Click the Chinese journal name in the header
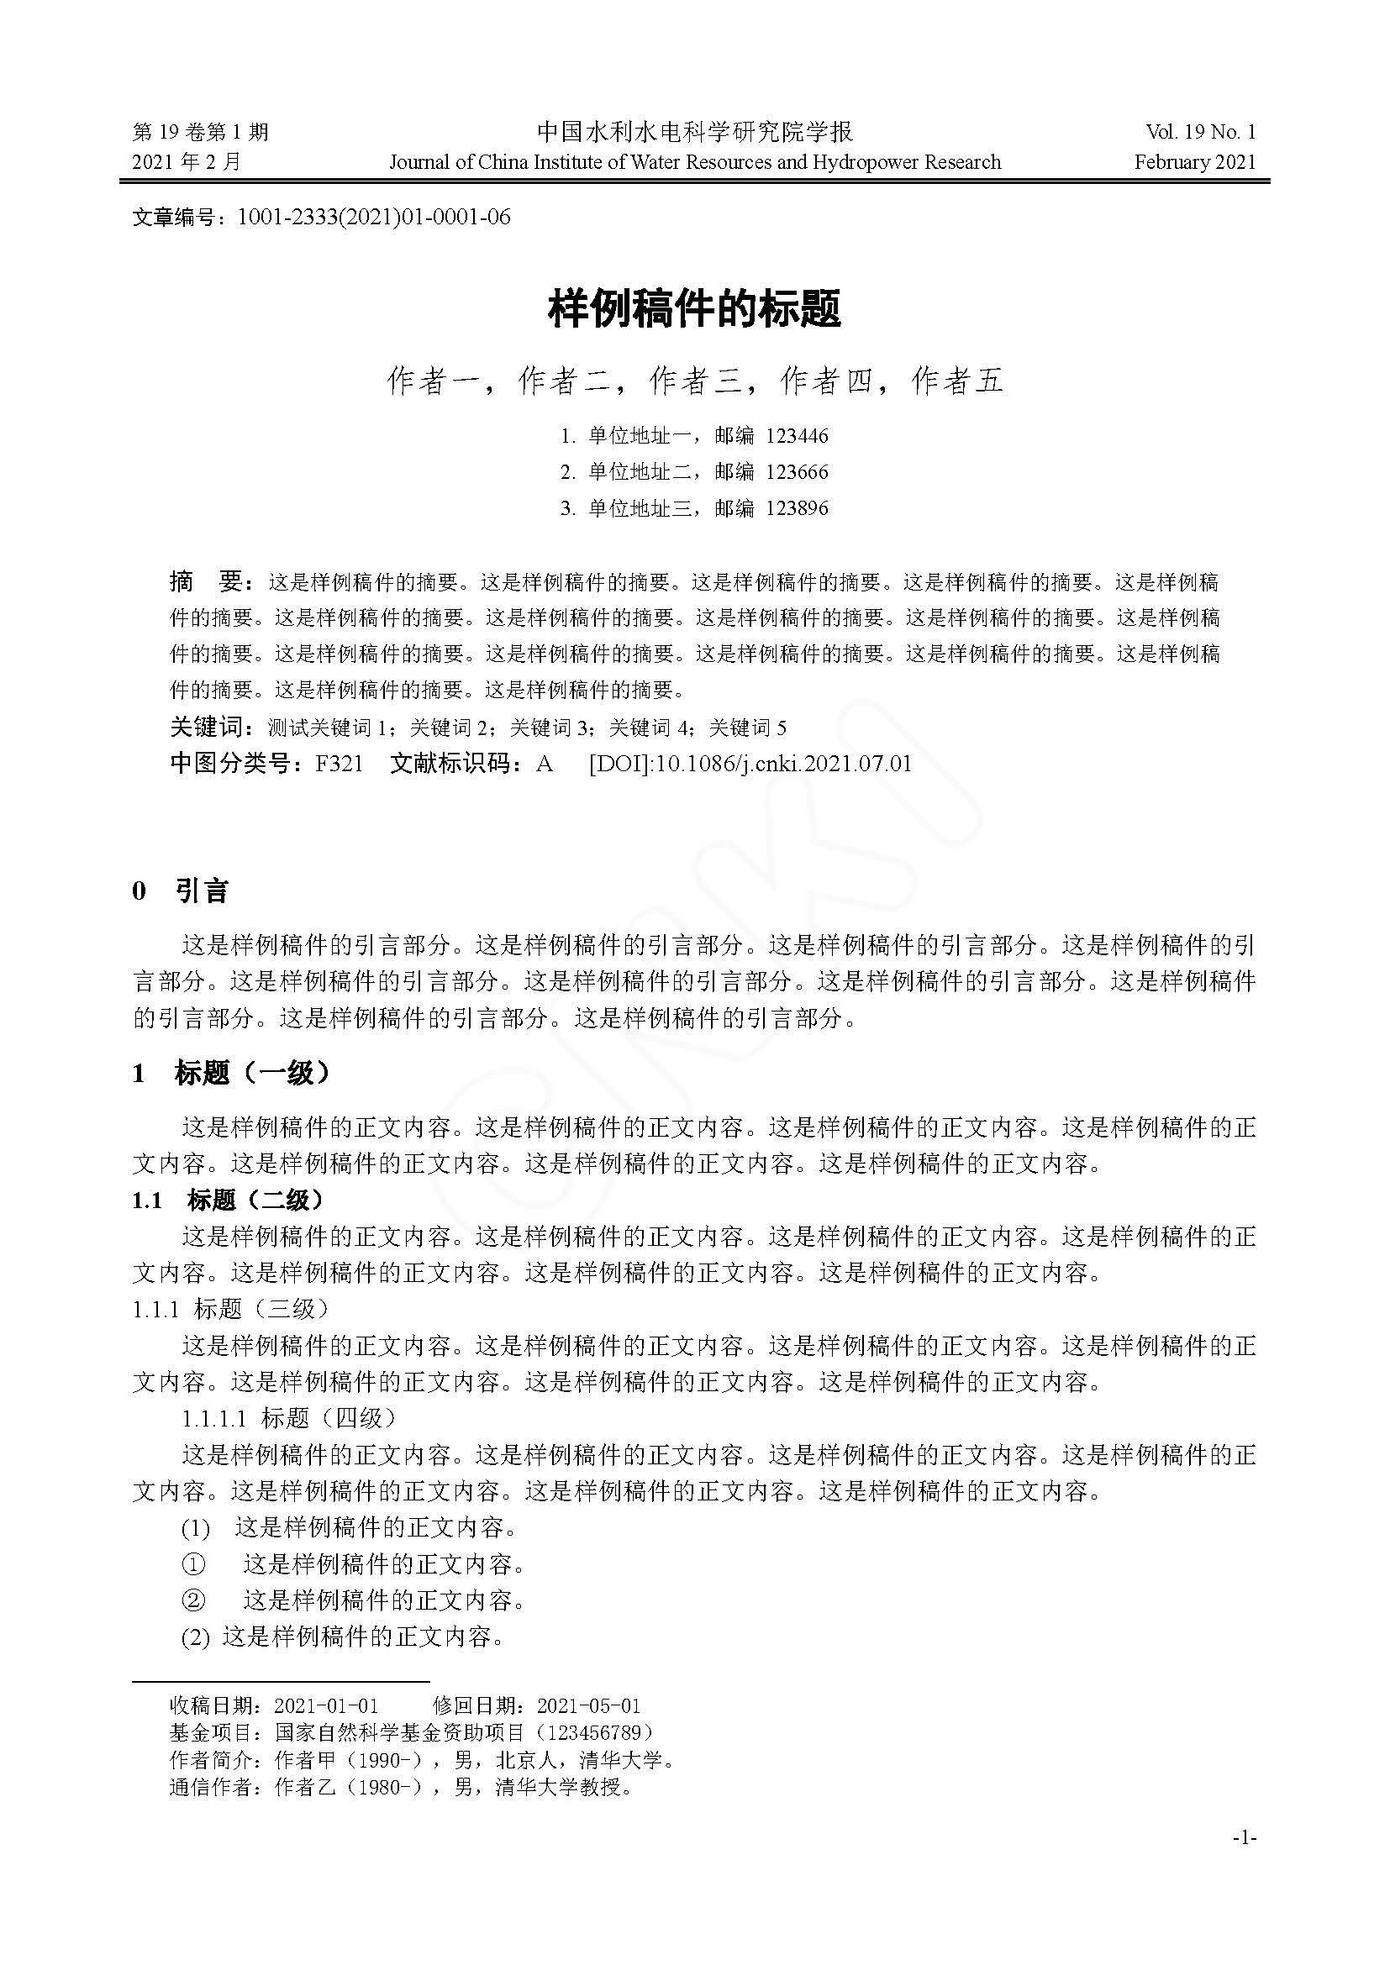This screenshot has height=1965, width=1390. pos(694,132)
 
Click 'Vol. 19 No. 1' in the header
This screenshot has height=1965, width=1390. pos(1201,132)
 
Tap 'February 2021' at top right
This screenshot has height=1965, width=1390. pos(1195,162)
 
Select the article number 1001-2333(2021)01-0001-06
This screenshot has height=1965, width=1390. pos(373,218)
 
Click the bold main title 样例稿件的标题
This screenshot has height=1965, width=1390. pos(694,309)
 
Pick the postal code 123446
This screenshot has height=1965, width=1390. pos(797,437)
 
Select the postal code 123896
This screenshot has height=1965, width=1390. pos(797,508)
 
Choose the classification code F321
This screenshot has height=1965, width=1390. pos(339,764)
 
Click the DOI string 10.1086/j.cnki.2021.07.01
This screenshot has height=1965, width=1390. pos(783,764)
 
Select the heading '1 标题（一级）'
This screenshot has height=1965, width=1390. pos(231,1073)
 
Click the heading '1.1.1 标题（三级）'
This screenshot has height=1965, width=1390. pos(231,1309)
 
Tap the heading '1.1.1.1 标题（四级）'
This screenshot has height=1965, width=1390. pos(290,1418)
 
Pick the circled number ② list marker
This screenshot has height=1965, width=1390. pos(194,1600)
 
